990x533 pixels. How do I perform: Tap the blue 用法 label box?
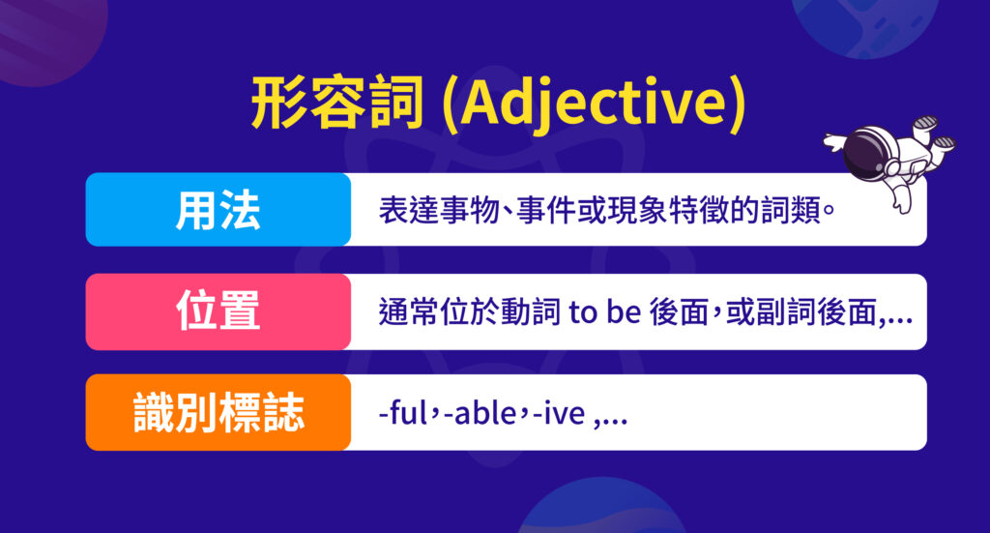pyautogui.click(x=218, y=209)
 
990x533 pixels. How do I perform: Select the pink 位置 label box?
pyautogui.click(x=218, y=311)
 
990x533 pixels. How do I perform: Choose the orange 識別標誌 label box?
pyautogui.click(x=218, y=413)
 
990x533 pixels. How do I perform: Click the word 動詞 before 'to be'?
pyautogui.click(x=530, y=312)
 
